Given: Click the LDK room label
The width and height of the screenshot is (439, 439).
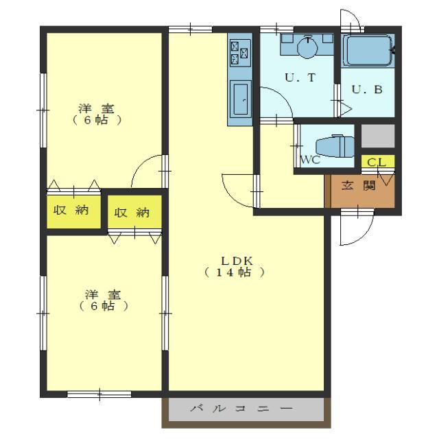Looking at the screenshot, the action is [x=237, y=261].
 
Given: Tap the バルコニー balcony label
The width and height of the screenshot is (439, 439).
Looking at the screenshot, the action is [x=241, y=409].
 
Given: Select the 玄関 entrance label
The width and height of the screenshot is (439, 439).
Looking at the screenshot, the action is [x=358, y=185].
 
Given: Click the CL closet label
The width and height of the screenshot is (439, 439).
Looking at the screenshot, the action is [x=377, y=162].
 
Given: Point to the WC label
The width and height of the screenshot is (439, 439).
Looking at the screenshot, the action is [x=310, y=160].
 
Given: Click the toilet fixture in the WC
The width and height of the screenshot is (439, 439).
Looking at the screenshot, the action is [x=335, y=146].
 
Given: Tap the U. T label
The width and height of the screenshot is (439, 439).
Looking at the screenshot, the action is [x=300, y=78].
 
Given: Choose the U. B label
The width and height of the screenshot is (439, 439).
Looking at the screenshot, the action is [x=367, y=90].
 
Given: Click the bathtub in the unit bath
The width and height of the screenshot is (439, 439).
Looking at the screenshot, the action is [x=368, y=51].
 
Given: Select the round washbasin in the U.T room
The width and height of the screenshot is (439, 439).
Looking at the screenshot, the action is [x=307, y=47].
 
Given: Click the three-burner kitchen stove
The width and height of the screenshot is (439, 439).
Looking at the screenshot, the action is [x=240, y=53].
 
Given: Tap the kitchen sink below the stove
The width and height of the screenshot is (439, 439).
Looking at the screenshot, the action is [x=241, y=99].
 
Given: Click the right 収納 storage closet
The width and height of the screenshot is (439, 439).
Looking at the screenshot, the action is [x=134, y=212].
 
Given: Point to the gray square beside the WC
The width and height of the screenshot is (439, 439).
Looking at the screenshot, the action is [x=378, y=136].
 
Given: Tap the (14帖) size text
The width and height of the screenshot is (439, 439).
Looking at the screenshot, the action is [x=234, y=272].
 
